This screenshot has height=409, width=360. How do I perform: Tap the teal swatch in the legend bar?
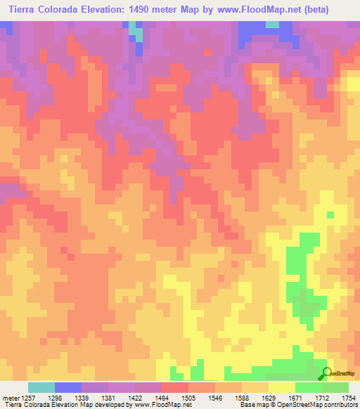click(41, 387)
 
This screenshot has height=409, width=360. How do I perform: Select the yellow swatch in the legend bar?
click(282, 387)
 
